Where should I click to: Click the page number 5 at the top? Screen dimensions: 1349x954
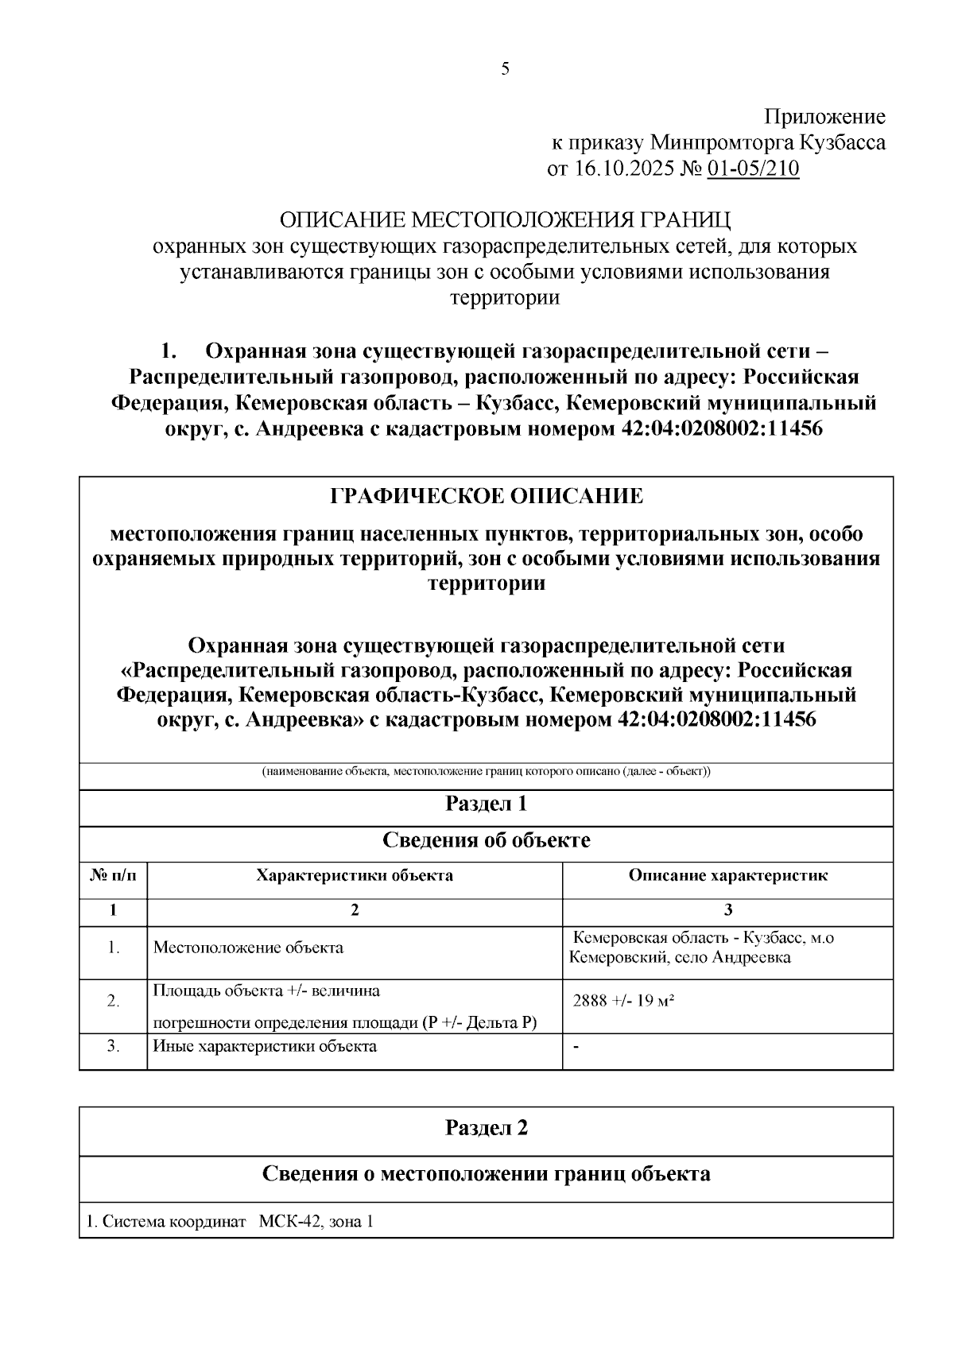coord(506,69)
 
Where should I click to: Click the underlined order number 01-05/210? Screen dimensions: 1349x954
coord(753,169)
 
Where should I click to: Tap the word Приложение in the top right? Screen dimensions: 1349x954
coord(824,118)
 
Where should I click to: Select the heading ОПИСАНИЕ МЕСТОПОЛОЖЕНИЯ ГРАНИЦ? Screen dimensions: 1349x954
coord(505,220)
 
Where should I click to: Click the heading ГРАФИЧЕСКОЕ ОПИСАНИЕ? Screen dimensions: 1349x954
coord(487,497)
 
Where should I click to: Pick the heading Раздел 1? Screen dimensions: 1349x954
coord(487,804)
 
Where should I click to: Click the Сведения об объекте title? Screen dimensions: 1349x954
coord(487,840)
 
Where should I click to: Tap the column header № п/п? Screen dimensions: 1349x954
coord(113,875)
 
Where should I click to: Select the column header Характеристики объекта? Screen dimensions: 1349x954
coord(355,875)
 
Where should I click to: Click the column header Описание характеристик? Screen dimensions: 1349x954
coord(728,875)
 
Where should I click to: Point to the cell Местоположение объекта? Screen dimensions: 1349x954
coord(248,948)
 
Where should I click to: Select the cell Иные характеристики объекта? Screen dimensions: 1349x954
coord(265,1046)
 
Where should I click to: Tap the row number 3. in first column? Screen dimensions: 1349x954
coord(113,1046)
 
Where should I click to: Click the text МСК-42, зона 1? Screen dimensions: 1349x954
coord(316,1222)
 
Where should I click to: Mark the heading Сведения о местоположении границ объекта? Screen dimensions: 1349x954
coord(487,1173)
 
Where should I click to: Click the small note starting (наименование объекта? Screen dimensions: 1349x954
coord(487,772)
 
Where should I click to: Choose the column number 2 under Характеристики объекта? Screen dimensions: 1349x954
coord(355,910)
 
